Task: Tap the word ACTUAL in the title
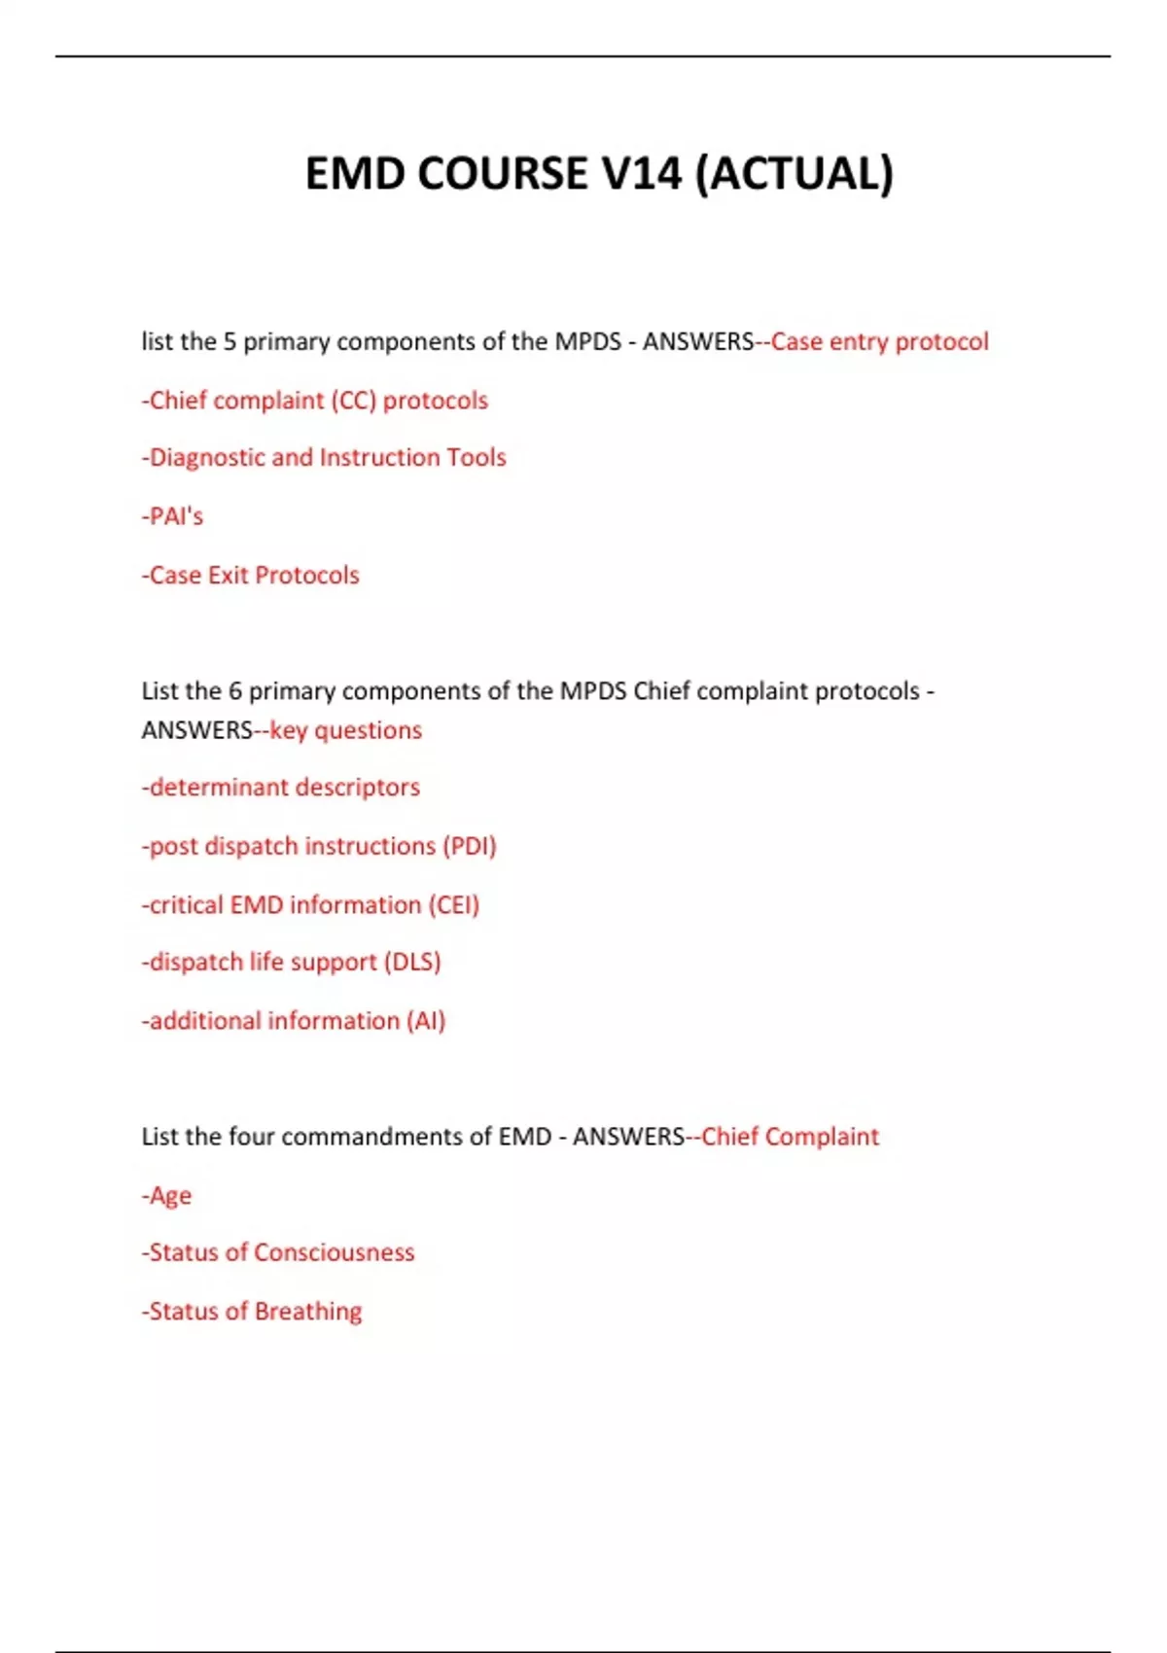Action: pyautogui.click(x=795, y=174)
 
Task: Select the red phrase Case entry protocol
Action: pyautogui.click(x=879, y=341)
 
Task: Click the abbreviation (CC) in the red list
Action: pyautogui.click(x=353, y=401)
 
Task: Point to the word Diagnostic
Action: pyautogui.click(x=207, y=458)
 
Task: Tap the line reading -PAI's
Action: pyautogui.click(x=172, y=516)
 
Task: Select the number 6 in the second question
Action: pyautogui.click(x=234, y=691)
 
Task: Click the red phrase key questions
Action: pyautogui.click(x=345, y=730)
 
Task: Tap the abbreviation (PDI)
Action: pyautogui.click(x=469, y=846)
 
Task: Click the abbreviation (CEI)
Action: pyautogui.click(x=453, y=905)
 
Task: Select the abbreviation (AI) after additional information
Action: pyautogui.click(x=426, y=1021)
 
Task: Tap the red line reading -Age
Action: pyautogui.click(x=167, y=1195)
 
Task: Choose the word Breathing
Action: pyautogui.click(x=307, y=1312)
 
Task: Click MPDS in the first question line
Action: pyautogui.click(x=587, y=341)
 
